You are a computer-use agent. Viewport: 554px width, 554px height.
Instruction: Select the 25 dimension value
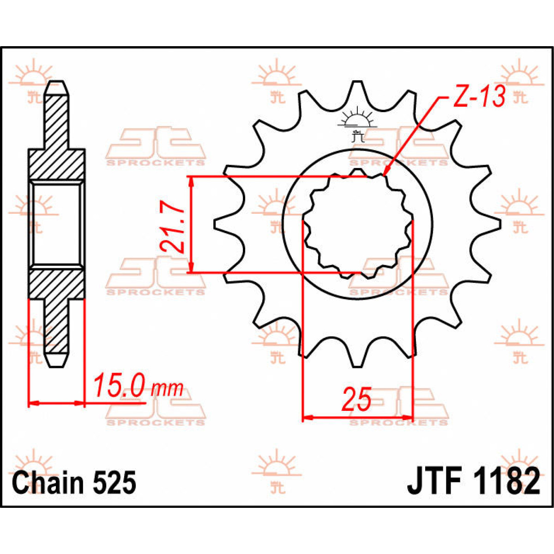pyautogui.click(x=356, y=400)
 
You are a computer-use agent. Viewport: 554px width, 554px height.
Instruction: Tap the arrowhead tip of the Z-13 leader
pyautogui.click(x=385, y=176)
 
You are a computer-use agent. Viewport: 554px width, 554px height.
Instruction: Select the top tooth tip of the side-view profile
pyautogui.click(x=57, y=85)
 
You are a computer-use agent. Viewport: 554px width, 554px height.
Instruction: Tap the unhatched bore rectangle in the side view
pyautogui.click(x=57, y=224)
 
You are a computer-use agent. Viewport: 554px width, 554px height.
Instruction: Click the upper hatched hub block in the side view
pyautogui.click(x=57, y=165)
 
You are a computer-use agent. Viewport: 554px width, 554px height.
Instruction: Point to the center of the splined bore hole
pyautogui.click(x=357, y=224)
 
